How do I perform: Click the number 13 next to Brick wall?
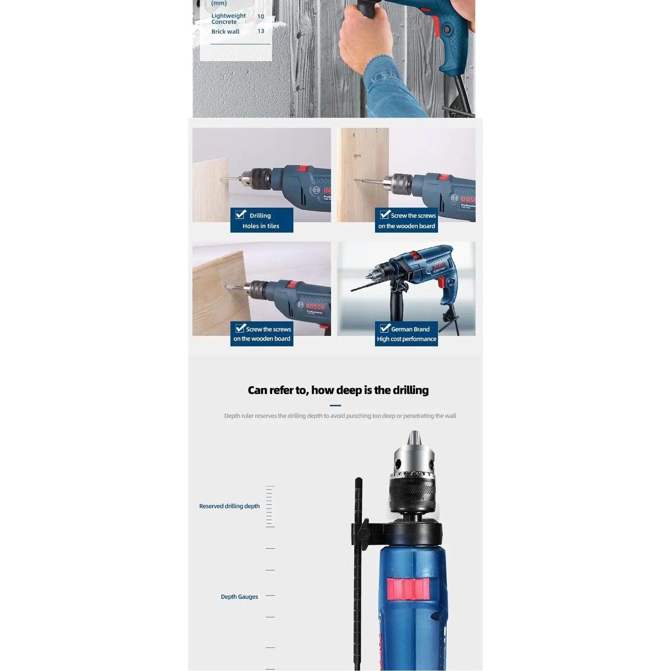[x=260, y=31]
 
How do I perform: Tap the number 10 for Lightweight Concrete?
[x=260, y=16]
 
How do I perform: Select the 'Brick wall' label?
[x=225, y=31]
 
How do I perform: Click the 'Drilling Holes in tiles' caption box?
[x=262, y=221]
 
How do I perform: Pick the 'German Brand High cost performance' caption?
[x=406, y=334]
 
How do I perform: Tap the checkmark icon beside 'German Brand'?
[x=385, y=328]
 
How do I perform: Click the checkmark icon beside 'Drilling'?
[x=241, y=214]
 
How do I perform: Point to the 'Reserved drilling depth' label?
[x=229, y=506]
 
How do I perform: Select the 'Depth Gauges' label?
[x=239, y=597]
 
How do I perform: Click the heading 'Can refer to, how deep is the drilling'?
[x=338, y=390]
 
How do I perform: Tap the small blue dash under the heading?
[x=335, y=406]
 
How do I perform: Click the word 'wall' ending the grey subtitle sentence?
[x=450, y=416]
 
